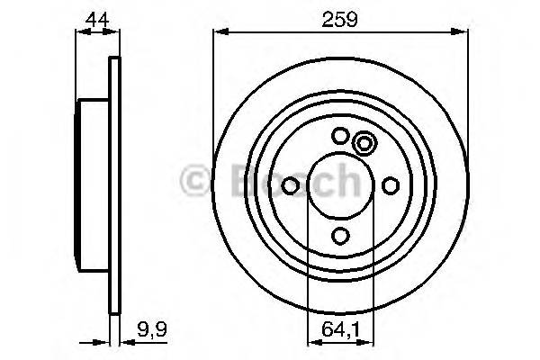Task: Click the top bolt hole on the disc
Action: click(340, 136)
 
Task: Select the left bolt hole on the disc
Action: click(291, 185)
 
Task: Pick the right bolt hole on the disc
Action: click(391, 185)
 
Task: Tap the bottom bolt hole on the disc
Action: click(340, 236)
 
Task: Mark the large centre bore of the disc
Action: click(340, 185)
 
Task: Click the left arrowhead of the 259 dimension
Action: click(219, 33)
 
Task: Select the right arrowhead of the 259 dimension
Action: click(463, 33)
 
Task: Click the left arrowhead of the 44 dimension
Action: click(81, 33)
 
